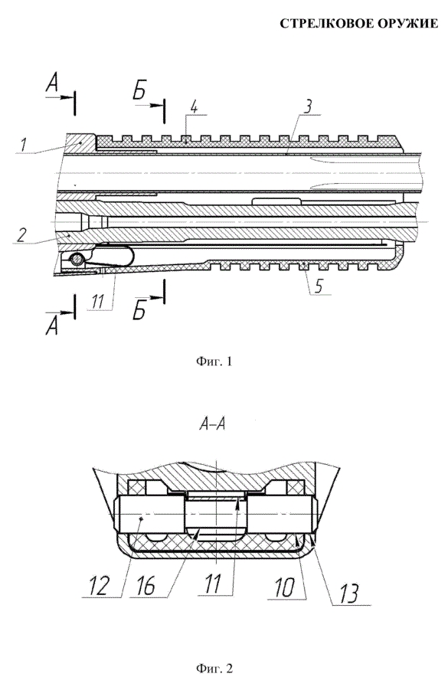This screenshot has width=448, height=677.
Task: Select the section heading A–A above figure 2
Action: (213, 425)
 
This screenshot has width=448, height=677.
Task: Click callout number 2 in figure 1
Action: (21, 234)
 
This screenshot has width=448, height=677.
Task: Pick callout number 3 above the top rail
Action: (307, 106)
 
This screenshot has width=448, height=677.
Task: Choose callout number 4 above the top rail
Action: (194, 107)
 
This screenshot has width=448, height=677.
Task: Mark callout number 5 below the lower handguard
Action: (318, 286)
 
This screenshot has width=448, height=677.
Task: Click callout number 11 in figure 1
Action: (98, 302)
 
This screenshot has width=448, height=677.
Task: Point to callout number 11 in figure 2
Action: (213, 585)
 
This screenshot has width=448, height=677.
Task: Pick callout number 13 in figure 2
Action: (348, 594)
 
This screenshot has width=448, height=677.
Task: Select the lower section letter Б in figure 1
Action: (139, 310)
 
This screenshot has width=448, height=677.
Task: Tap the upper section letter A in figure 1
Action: (52, 84)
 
